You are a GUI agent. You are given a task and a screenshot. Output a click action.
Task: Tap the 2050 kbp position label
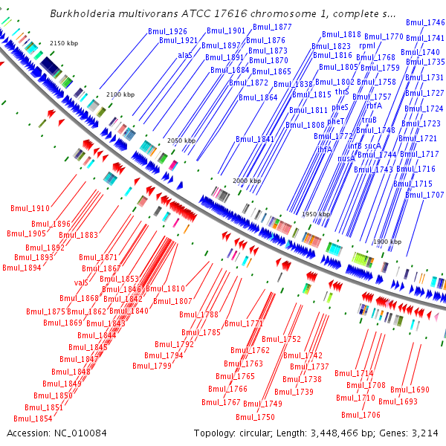(181, 140)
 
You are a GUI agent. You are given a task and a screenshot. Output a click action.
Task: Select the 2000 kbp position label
(246, 181)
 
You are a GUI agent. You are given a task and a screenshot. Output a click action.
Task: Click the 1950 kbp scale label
(316, 214)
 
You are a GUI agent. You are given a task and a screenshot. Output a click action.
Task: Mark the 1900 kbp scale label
(387, 242)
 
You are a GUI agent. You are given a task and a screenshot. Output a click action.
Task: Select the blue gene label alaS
(185, 55)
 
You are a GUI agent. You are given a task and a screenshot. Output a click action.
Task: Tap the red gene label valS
(81, 282)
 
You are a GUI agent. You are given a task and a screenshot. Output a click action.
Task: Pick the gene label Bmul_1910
(30, 208)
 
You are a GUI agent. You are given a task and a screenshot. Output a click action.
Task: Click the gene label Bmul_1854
(39, 418)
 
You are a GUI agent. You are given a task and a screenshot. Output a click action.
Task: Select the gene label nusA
(346, 158)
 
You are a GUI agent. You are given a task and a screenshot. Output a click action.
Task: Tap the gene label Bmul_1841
(255, 139)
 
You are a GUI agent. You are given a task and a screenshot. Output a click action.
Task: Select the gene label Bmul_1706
(361, 415)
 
